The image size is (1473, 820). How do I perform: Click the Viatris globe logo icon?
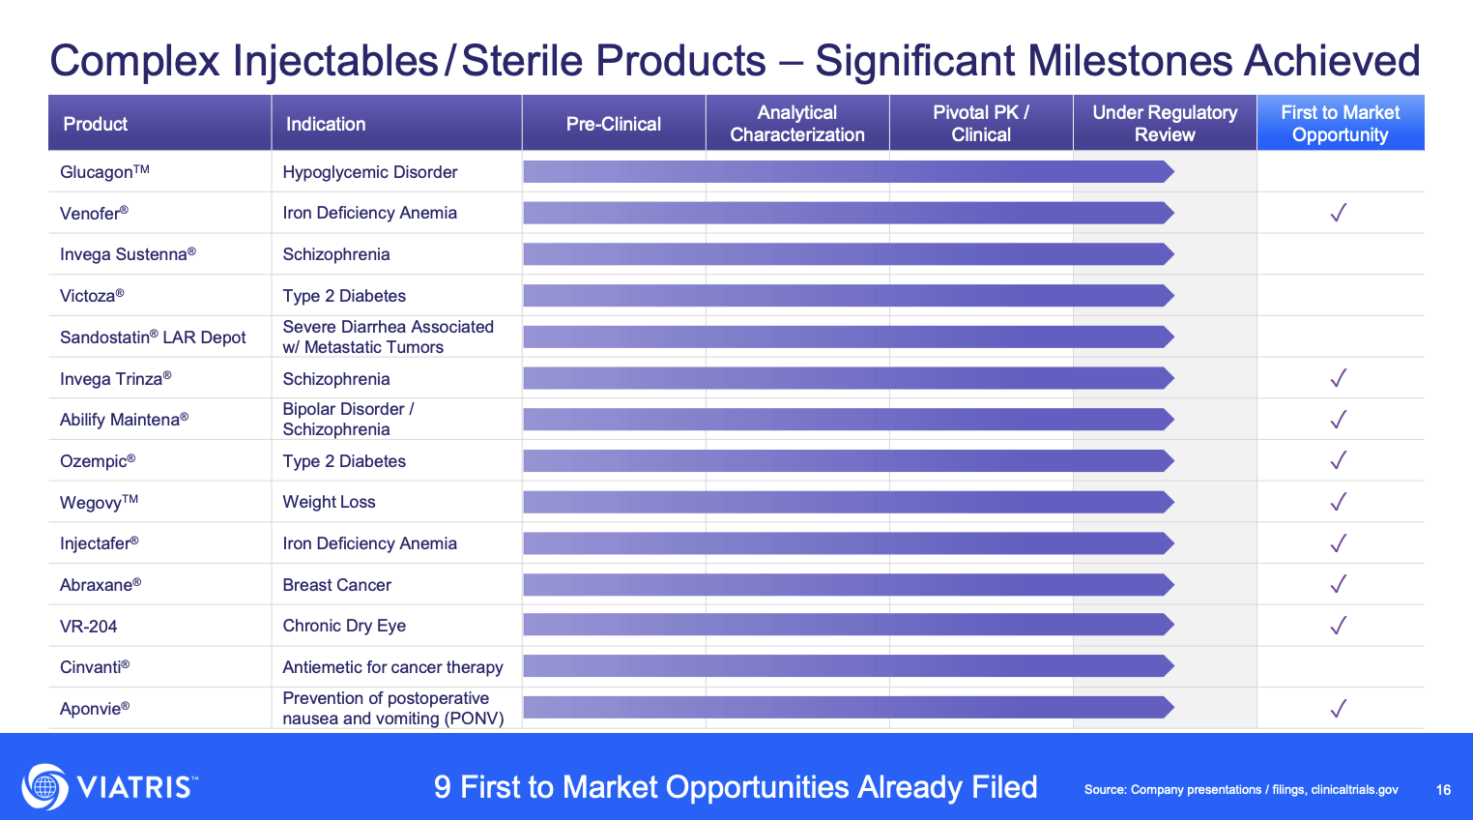tap(44, 786)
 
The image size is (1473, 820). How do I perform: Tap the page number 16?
tap(1443, 790)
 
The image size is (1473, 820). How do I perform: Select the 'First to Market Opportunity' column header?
tap(1340, 124)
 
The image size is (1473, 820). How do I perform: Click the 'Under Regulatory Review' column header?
tap(1164, 124)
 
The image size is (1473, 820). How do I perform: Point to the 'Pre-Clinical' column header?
tap(613, 124)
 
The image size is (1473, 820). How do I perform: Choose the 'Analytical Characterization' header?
tap(796, 124)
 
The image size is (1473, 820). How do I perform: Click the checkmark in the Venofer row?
tap(1338, 213)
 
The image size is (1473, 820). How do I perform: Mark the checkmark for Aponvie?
tap(1338, 709)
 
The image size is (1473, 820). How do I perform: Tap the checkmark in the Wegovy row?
tap(1338, 502)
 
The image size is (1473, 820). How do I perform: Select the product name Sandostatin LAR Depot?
tap(153, 337)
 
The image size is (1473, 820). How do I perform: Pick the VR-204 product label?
tap(89, 627)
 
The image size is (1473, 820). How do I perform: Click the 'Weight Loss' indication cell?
tap(329, 502)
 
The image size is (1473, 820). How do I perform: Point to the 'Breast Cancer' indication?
tap(336, 585)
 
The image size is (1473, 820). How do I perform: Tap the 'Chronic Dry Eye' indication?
tap(344, 626)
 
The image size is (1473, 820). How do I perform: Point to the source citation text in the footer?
tap(1241, 790)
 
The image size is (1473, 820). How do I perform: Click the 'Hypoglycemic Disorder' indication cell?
tap(369, 172)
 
